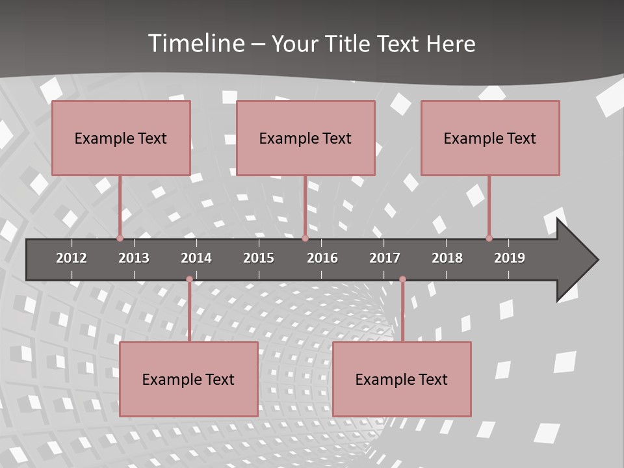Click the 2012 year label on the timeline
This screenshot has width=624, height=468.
click(71, 258)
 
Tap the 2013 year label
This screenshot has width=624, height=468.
click(134, 258)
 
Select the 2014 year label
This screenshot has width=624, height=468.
click(196, 258)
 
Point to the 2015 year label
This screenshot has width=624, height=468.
click(259, 258)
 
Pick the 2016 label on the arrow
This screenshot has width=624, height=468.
click(322, 258)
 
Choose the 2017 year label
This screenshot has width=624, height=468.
click(385, 258)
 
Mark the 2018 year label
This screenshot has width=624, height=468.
click(447, 258)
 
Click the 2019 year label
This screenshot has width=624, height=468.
click(510, 258)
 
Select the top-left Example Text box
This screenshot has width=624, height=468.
click(121, 138)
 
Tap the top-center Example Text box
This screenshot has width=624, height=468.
click(305, 138)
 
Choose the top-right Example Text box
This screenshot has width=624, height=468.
click(490, 138)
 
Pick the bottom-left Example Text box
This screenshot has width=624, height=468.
click(188, 380)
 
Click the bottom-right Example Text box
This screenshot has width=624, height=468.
click(402, 380)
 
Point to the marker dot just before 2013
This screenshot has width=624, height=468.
click(120, 239)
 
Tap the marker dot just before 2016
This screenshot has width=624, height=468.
click(305, 239)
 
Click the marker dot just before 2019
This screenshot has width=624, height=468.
click(489, 239)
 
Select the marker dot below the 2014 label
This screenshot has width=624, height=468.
click(189, 279)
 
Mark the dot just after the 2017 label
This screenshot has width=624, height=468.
click(402, 279)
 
